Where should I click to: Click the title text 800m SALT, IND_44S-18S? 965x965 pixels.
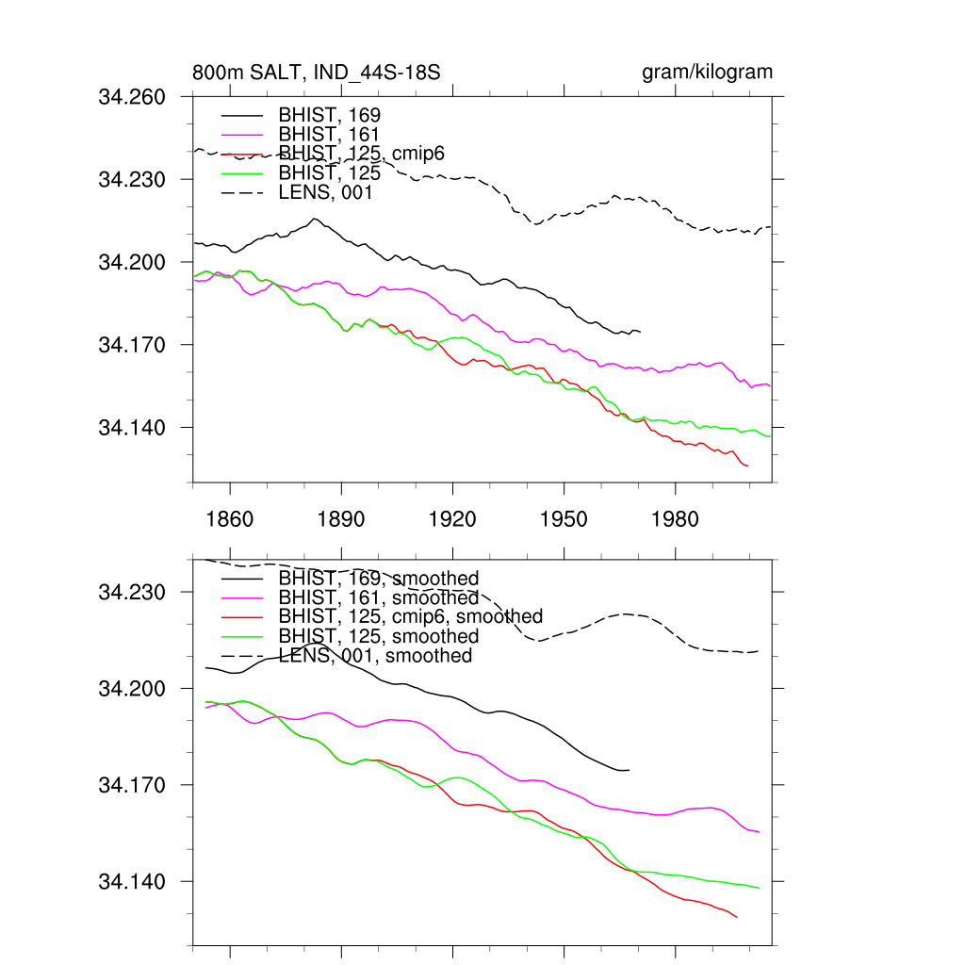coord(317,73)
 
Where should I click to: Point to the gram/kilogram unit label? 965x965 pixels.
coord(707,73)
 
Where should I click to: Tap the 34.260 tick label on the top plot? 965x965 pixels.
coord(132,96)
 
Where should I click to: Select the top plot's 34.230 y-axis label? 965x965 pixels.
coord(132,179)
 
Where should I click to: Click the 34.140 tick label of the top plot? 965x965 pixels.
coord(132,428)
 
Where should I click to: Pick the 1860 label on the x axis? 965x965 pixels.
coord(230,518)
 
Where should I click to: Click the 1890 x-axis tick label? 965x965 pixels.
coord(341,518)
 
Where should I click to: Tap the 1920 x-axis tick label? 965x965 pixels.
coord(452,518)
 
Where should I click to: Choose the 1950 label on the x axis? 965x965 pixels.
coord(564,518)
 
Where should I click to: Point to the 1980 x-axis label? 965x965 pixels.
coord(675,518)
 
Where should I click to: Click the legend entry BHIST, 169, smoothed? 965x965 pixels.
coord(379,578)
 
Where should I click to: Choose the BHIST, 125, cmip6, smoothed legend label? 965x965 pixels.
coord(411,616)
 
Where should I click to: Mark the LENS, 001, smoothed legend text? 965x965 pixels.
coord(375,655)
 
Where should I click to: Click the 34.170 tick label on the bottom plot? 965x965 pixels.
coord(132,785)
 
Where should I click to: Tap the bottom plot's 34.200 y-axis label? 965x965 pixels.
coord(132,689)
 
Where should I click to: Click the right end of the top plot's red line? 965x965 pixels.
coord(747,466)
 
